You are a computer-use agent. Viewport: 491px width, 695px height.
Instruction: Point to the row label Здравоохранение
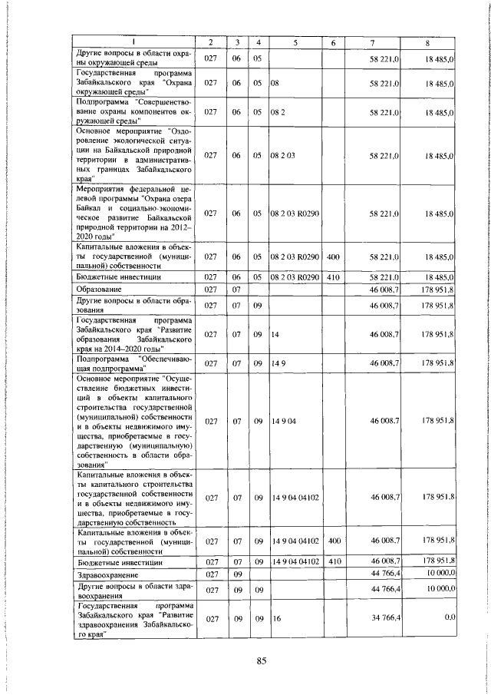click(107, 574)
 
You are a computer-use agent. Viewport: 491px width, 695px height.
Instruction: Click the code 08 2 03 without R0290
click(282, 154)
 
